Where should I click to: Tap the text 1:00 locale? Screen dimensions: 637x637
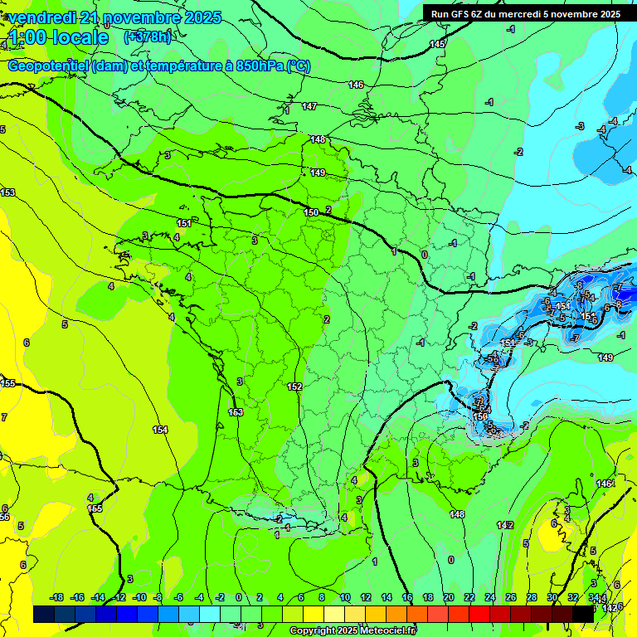click(59, 37)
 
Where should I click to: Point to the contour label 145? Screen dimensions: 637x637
click(438, 44)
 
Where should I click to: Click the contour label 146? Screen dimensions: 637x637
click(356, 85)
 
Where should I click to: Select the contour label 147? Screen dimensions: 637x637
click(309, 106)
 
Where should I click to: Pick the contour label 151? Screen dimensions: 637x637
click(184, 223)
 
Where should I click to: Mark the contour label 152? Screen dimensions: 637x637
click(294, 387)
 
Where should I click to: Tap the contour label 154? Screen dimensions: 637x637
click(160, 430)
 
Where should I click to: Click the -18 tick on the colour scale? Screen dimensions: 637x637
click(56, 597)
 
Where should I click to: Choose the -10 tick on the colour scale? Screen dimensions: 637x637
click(139, 597)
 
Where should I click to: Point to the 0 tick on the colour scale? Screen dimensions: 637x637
click(239, 597)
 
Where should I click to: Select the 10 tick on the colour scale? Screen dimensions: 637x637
click(343, 597)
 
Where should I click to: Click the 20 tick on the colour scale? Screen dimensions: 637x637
click(448, 597)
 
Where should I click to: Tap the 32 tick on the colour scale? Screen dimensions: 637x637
click(573, 597)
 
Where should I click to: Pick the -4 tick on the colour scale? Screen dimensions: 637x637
click(199, 597)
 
